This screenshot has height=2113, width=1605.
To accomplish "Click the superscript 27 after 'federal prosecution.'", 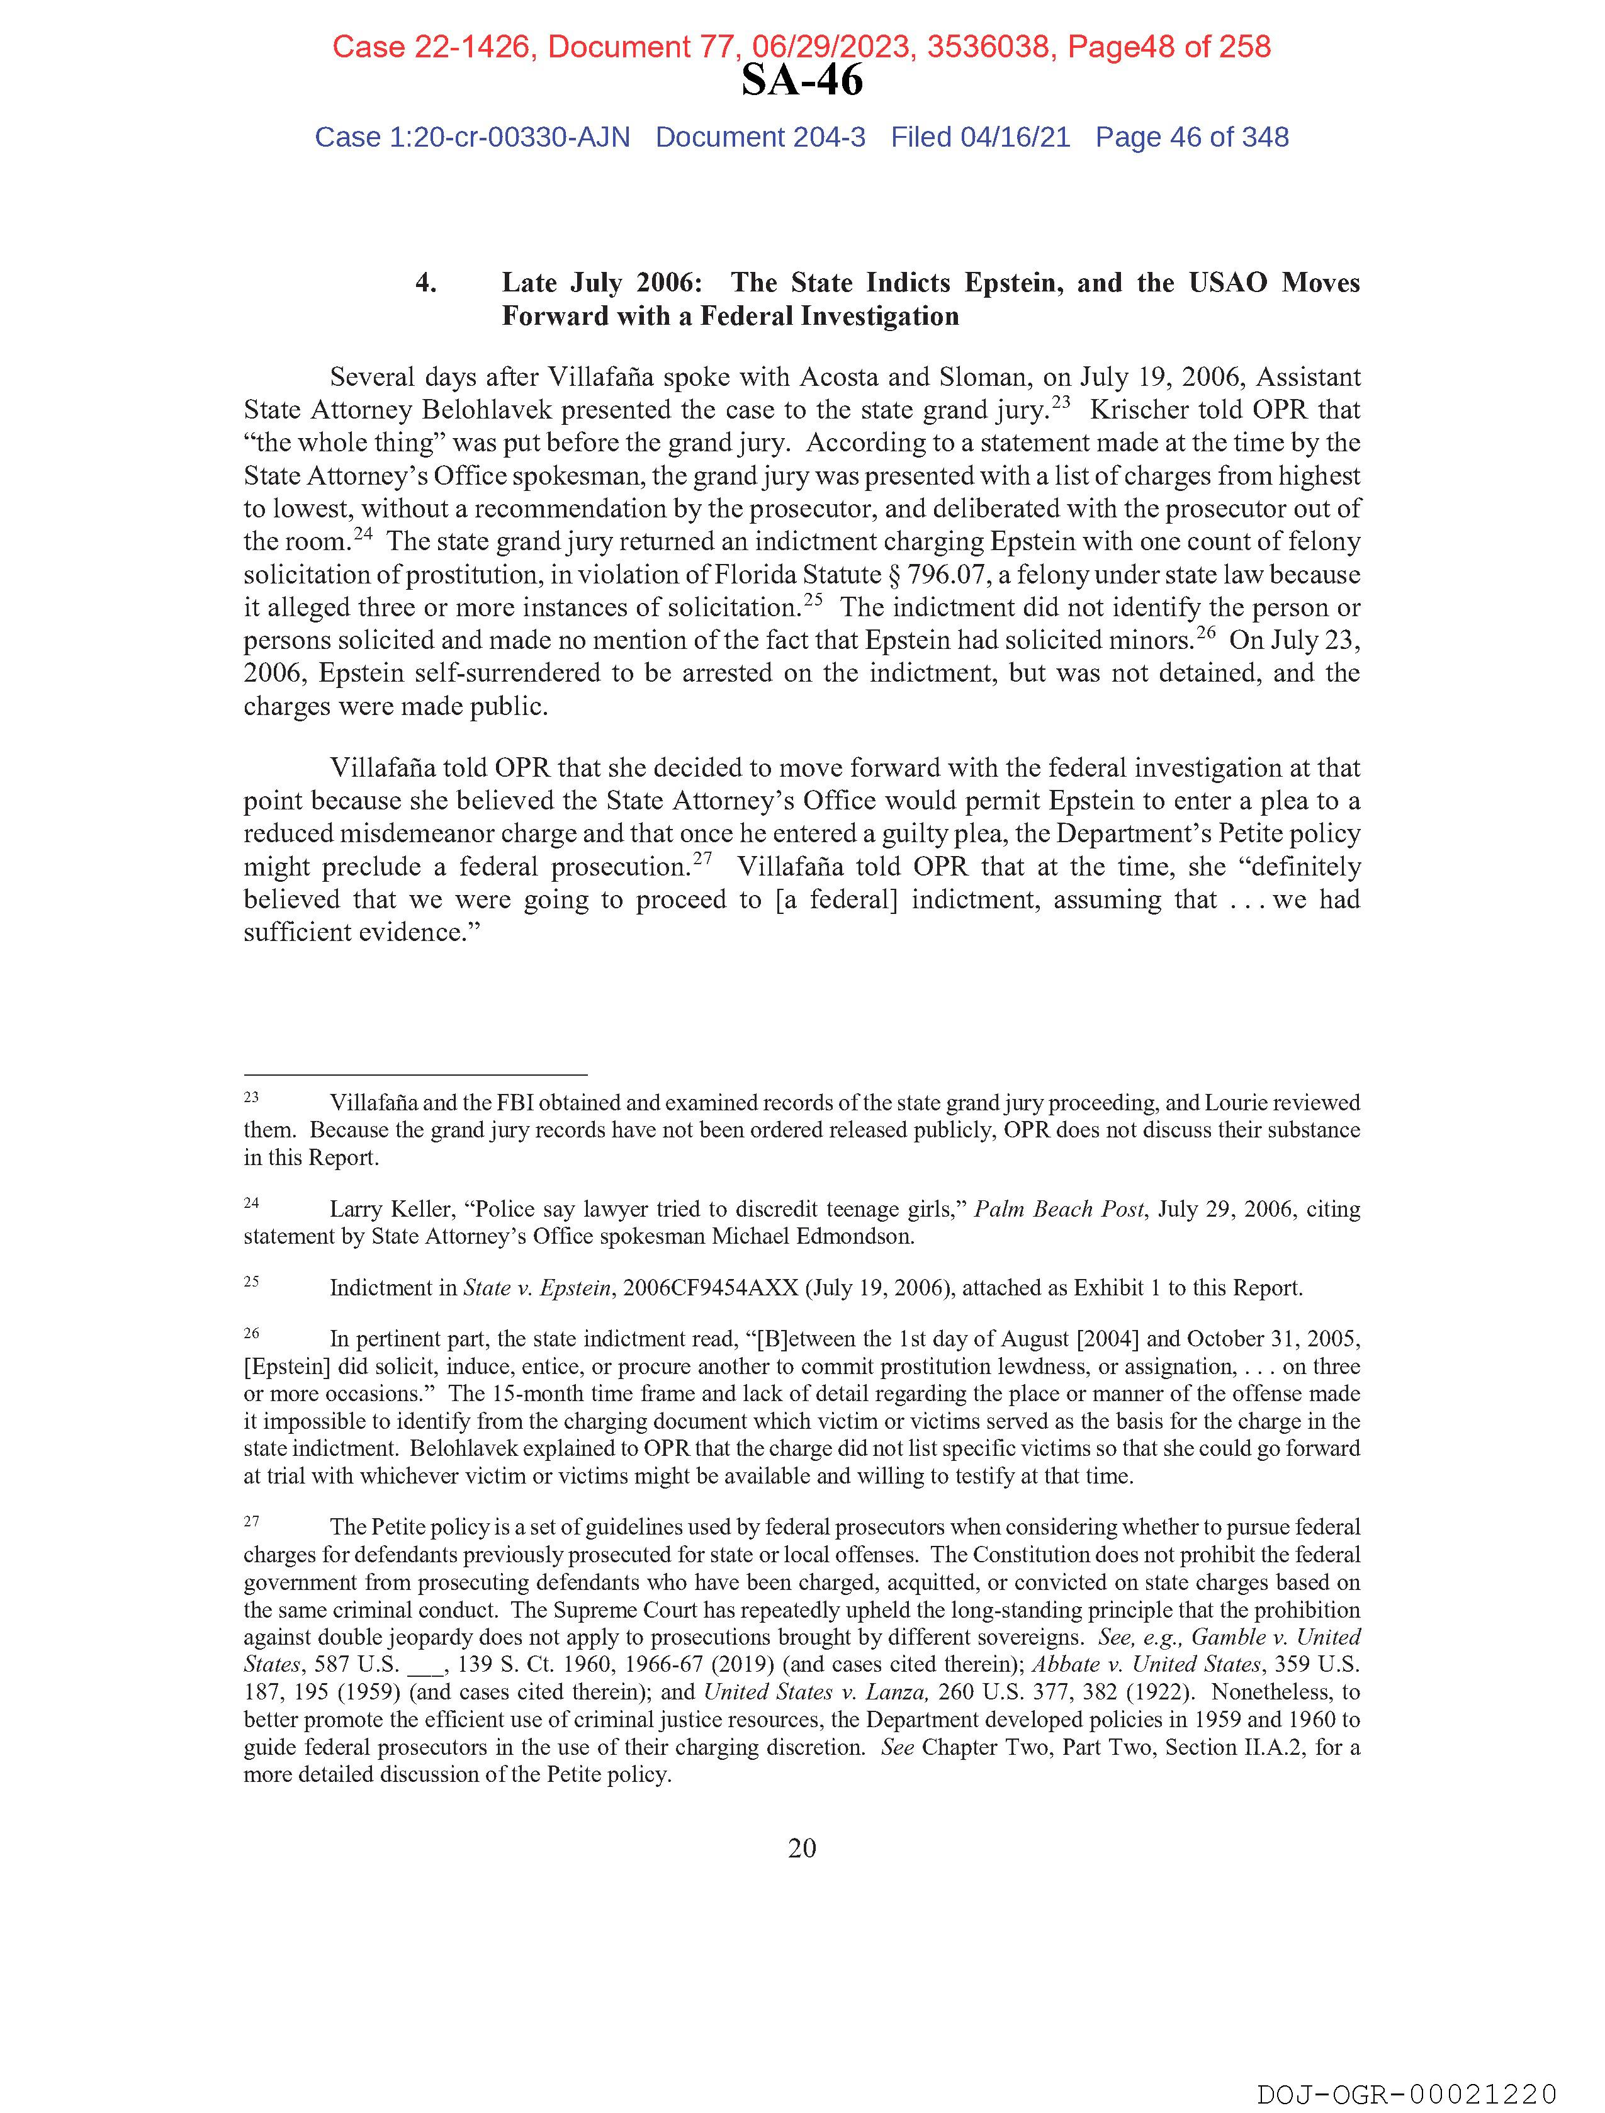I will tap(702, 859).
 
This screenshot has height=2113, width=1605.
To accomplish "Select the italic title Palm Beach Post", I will tap(1057, 1209).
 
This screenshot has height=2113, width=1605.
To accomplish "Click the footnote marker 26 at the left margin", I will tap(251, 1333).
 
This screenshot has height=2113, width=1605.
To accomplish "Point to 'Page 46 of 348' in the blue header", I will tap(1191, 138).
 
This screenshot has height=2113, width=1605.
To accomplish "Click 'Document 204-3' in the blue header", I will tap(760, 138).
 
